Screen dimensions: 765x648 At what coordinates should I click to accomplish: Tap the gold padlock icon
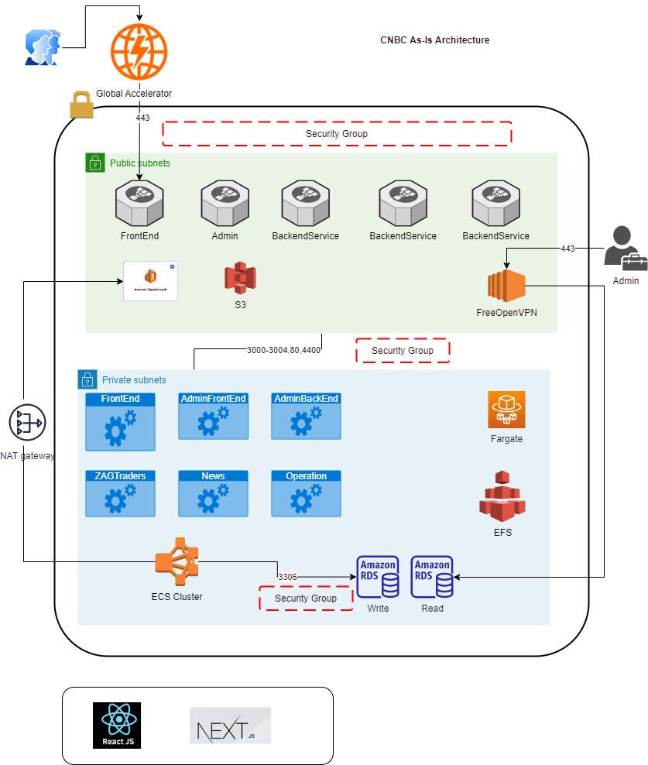[x=81, y=105]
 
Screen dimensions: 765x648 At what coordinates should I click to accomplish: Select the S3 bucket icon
[x=240, y=276]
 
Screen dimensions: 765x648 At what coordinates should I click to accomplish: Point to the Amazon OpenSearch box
[x=150, y=280]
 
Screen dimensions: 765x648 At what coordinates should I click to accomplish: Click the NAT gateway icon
[x=27, y=423]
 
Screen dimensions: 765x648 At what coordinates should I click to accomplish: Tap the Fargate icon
[x=506, y=410]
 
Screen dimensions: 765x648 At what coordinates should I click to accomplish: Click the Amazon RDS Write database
[x=378, y=578]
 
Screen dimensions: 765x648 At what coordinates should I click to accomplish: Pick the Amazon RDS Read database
[x=432, y=578]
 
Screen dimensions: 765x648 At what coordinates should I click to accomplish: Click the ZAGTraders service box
[x=120, y=493]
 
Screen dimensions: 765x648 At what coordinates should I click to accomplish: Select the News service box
[x=213, y=493]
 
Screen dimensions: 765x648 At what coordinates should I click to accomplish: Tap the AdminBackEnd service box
[x=307, y=417]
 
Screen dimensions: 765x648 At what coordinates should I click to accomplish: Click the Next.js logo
[x=231, y=726]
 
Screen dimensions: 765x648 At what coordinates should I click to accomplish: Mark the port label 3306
[x=287, y=577]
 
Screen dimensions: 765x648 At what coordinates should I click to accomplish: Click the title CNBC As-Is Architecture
[x=434, y=40]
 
